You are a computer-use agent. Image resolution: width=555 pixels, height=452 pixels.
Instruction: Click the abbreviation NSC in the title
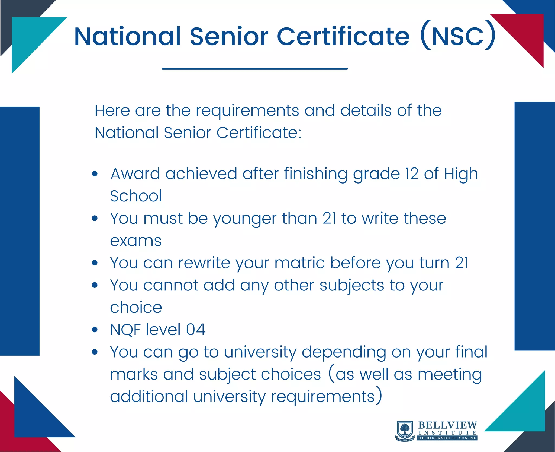pyautogui.click(x=458, y=36)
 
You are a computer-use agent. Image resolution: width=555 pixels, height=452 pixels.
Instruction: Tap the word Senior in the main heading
pyautogui.click(x=229, y=36)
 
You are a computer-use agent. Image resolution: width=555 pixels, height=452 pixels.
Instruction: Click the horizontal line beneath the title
pyautogui.click(x=255, y=69)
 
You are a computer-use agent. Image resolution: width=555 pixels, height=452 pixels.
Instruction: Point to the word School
pyautogui.click(x=136, y=196)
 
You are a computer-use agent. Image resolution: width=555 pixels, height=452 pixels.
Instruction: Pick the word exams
pyautogui.click(x=136, y=241)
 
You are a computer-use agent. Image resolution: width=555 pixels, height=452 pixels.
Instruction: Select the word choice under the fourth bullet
pyautogui.click(x=136, y=308)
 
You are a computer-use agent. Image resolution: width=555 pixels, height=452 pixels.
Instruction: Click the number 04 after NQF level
pyautogui.click(x=196, y=330)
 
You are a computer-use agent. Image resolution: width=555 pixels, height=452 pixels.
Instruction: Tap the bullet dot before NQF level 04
pyautogui.click(x=95, y=330)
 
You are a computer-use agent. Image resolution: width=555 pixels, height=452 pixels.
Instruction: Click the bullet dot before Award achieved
pyautogui.click(x=95, y=174)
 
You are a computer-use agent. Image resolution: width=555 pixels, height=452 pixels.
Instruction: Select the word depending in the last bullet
pyautogui.click(x=344, y=352)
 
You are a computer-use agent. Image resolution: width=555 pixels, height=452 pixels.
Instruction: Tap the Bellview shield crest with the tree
pyautogui.click(x=405, y=431)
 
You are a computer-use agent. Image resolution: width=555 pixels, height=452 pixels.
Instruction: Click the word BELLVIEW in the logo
pyautogui.click(x=447, y=425)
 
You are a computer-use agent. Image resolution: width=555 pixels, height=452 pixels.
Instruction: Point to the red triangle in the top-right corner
pyautogui.click(x=526, y=33)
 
